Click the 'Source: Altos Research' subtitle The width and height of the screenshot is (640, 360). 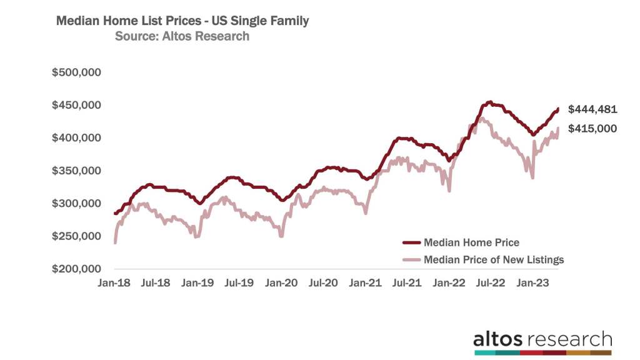182,36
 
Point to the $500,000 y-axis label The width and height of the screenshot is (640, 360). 77,72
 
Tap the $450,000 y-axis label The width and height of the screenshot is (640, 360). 77,105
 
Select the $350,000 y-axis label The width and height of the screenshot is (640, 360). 77,171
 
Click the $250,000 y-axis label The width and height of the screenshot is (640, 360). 77,236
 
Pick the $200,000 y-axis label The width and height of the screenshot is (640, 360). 77,269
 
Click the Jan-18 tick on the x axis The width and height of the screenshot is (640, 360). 114,282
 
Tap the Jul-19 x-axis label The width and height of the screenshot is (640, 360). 239,282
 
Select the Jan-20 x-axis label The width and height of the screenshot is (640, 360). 281,282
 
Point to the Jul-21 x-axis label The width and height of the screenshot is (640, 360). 407,282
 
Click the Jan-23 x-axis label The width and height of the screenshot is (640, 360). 532,282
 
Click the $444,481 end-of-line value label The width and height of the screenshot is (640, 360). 592,110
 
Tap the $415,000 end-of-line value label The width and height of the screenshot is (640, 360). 592,129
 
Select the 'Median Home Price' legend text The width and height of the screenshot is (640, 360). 471,242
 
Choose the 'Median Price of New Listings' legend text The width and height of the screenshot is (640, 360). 494,259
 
